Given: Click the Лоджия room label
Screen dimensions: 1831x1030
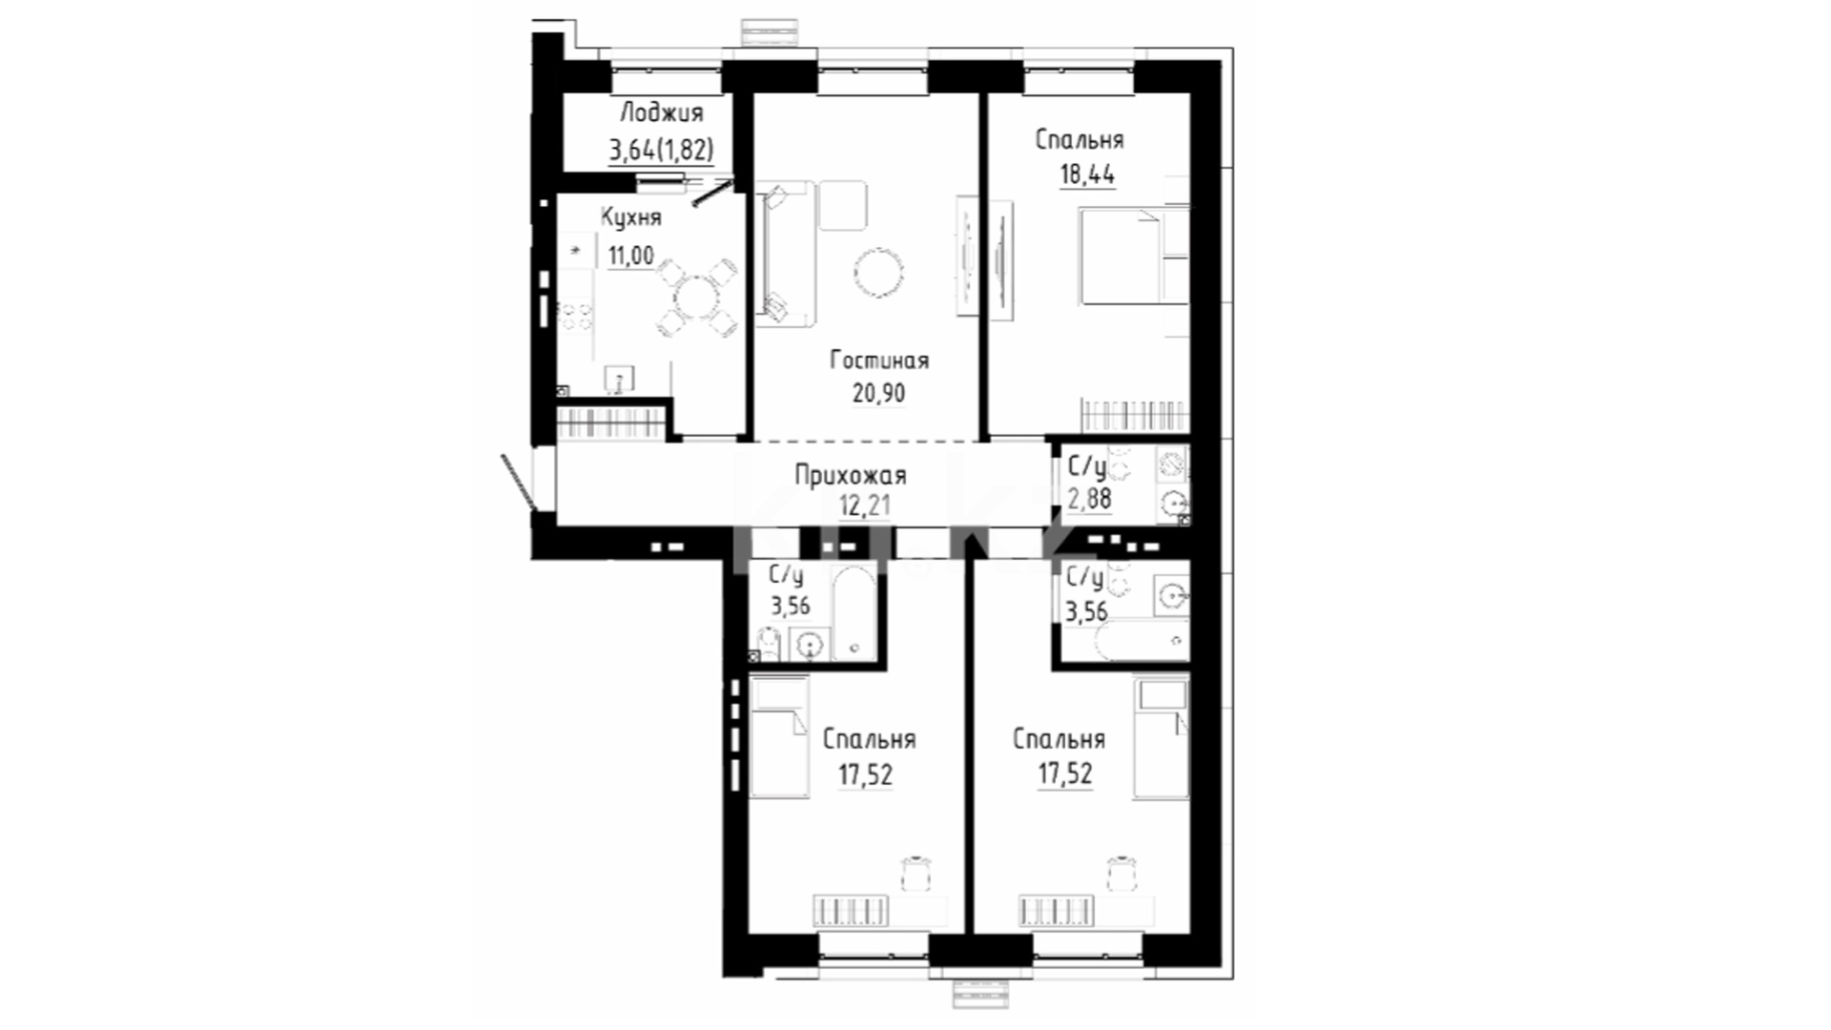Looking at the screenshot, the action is pos(662,113).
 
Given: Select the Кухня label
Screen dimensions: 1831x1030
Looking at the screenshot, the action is pos(630,218).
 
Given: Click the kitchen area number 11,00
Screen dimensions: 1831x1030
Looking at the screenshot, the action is pos(631,256).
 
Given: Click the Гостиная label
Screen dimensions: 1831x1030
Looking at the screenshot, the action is pos(878,360).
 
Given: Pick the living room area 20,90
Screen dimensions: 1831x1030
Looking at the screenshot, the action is pos(878,393).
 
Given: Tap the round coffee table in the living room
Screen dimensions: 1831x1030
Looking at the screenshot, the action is pos(878,273).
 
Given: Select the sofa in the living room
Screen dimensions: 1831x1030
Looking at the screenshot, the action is pos(788,254).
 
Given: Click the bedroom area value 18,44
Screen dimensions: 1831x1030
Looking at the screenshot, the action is pos(1087,175).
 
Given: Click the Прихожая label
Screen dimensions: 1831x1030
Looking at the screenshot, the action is pos(850,475).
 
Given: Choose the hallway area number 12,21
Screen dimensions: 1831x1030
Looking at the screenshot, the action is pos(864,505).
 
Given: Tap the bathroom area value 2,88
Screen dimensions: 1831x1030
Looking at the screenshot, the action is pos(1088,498).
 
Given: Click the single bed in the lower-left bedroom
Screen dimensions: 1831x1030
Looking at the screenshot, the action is pos(779,736).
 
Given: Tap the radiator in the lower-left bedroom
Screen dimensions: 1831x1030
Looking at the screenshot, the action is pos(851,911).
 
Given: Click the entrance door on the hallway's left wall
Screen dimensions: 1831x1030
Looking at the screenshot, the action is pos(519,482).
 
